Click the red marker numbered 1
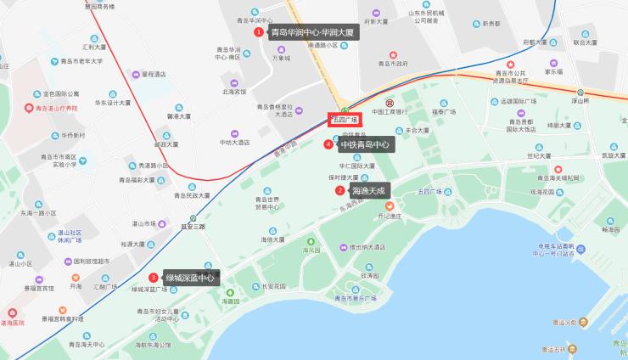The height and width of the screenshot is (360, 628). [259, 32]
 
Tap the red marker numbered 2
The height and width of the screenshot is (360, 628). [340, 190]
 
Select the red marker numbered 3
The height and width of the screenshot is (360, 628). [153, 278]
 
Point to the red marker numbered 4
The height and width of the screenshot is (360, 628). [328, 144]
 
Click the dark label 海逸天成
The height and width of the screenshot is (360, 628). [368, 191]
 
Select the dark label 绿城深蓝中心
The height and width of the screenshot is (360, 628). [191, 278]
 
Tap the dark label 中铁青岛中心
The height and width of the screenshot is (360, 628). [365, 144]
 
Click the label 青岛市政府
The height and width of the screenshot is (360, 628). [391, 64]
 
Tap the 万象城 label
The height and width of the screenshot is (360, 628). [281, 59]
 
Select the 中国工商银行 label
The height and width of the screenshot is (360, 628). [390, 110]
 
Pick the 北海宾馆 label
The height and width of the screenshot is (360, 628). [234, 91]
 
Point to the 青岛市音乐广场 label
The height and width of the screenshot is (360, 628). [356, 300]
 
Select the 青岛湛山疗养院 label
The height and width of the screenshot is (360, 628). [56, 108]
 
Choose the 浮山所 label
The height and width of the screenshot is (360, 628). [580, 99]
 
